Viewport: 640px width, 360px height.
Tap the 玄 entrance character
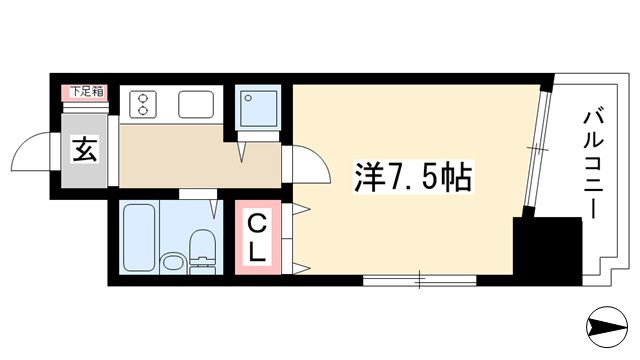(84, 149)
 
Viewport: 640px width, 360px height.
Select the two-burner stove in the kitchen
(143, 104)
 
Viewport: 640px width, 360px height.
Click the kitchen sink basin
(196, 104)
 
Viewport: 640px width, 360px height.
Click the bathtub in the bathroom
(139, 238)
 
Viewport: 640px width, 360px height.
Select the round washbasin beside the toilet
(173, 262)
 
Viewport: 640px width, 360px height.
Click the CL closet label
(258, 239)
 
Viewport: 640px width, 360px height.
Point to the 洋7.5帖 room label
(413, 177)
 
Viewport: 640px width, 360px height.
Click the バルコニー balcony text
(593, 163)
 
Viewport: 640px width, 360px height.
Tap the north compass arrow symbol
(607, 327)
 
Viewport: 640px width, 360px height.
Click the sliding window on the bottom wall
(420, 280)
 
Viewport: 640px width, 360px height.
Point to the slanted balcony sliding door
(537, 149)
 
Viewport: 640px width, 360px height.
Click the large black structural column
(547, 251)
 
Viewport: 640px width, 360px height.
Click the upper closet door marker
(301, 209)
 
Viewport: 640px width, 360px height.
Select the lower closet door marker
(301, 269)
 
